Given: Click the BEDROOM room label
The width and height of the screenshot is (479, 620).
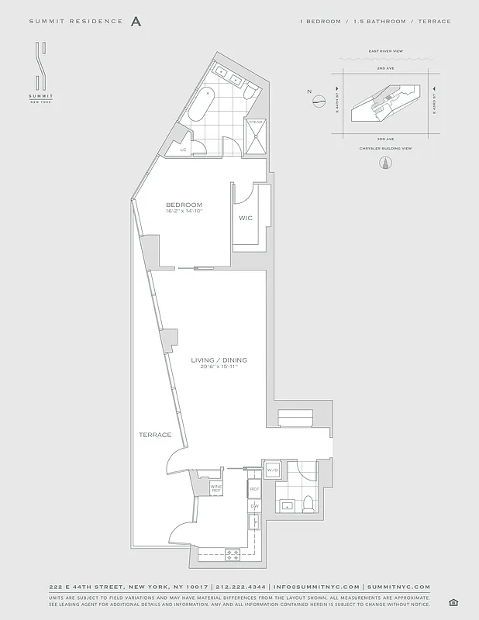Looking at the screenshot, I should [x=184, y=205].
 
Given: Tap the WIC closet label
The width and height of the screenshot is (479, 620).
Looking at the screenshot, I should [x=246, y=218].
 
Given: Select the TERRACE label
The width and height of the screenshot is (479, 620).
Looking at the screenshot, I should [x=155, y=435].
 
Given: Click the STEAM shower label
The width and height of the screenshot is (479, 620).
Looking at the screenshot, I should [x=255, y=122].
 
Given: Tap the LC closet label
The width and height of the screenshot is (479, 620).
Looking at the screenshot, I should [x=184, y=149].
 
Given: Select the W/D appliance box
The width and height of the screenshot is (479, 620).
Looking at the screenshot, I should [x=272, y=470].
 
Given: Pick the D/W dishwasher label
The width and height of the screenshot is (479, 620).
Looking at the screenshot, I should [x=253, y=506].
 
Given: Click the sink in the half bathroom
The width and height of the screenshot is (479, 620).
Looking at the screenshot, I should [x=287, y=506].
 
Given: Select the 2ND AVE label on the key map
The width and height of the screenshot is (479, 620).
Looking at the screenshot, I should [x=382, y=68].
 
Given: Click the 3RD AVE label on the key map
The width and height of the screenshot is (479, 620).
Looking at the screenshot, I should [x=382, y=138].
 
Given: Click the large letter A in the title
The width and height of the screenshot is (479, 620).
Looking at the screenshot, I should [x=136, y=22].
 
